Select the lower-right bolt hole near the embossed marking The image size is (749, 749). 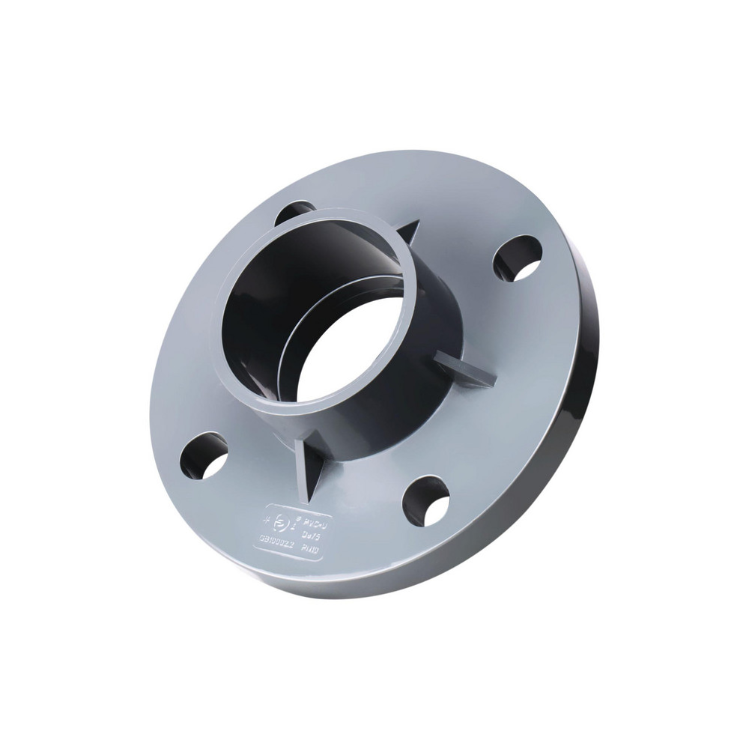pos(426,500)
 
